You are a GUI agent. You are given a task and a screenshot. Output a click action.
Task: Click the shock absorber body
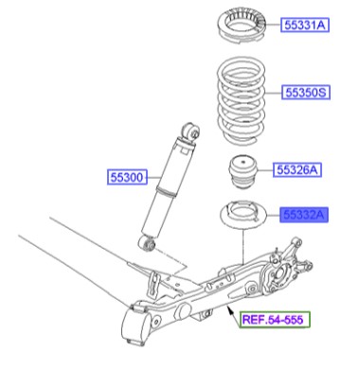(170, 189)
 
